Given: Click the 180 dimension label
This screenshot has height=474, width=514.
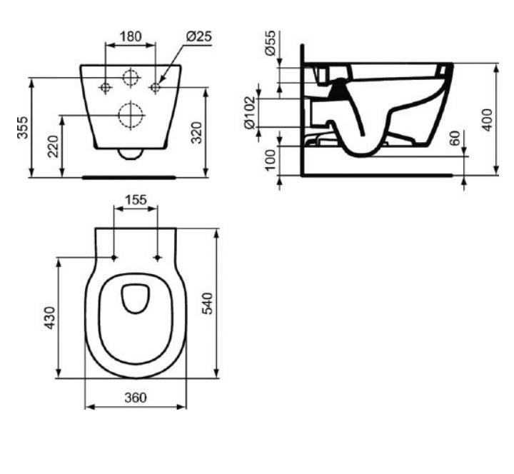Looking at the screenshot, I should click(130, 36).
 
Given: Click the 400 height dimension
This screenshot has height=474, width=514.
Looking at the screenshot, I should click(487, 118).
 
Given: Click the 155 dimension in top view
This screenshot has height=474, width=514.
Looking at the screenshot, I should click(136, 200).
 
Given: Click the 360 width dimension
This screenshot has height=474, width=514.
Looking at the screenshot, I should click(134, 397).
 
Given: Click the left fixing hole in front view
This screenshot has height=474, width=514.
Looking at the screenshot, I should click(105, 87).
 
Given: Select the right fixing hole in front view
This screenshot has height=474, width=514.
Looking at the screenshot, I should click(155, 87).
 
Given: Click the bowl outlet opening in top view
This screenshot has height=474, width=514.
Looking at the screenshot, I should click(134, 298).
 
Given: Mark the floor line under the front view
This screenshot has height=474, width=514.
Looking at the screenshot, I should click(128, 176).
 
